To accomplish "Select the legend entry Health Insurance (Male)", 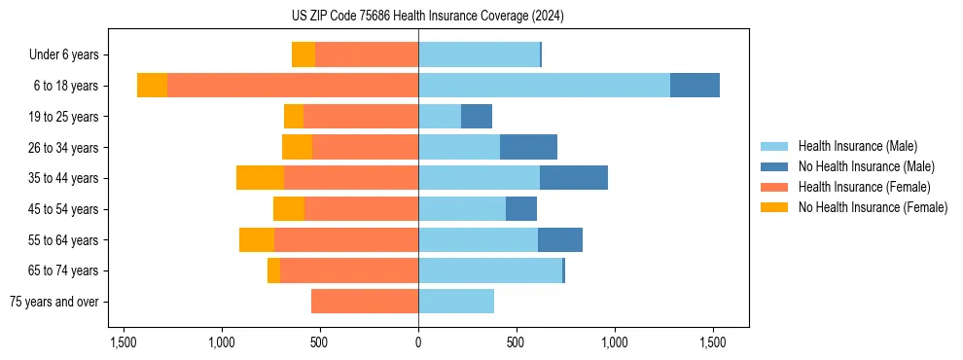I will pos(857,146).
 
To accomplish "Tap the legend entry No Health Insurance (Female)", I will pos(873,207).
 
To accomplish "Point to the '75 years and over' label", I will pos(54,302).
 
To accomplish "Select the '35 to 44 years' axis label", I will pos(64,178).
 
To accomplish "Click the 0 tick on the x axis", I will pos(418,342).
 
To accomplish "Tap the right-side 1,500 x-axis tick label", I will pos(713,342).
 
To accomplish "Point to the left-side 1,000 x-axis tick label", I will pos(222,342).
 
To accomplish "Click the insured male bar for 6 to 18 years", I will pos(544,86).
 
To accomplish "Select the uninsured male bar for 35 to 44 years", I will pos(574,178).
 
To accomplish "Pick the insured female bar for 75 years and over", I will pos(365,302).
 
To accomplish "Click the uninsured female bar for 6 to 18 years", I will pos(152,86).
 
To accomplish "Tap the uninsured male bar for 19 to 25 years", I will pos(477,117).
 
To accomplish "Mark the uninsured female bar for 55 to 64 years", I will pos(257,240).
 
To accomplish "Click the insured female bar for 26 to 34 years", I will pos(365,147).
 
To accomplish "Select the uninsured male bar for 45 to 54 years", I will pos(521,209).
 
